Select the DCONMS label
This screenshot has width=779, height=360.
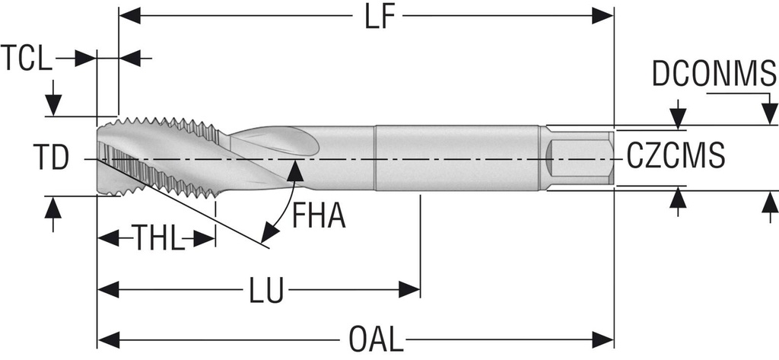[x=714, y=75]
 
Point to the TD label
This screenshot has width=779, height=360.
[x=52, y=158]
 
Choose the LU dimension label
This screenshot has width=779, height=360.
[x=267, y=290]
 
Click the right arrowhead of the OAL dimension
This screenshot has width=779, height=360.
[x=605, y=337]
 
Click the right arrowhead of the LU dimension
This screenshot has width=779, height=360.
[x=411, y=289]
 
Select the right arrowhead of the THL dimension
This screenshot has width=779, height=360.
[x=206, y=239]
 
